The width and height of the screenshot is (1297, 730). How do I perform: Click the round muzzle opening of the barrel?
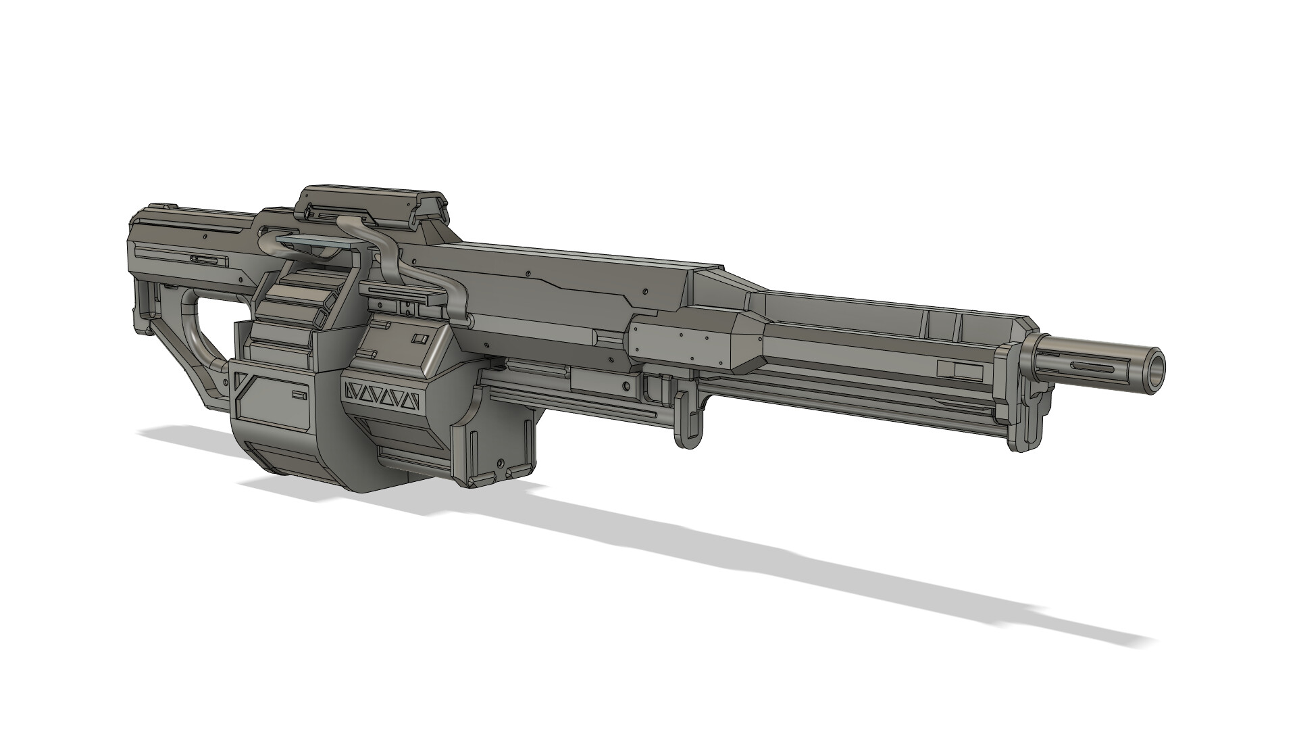1155,368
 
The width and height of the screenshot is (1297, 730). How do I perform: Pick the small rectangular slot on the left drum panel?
299,394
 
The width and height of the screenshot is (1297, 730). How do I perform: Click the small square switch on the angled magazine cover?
420,339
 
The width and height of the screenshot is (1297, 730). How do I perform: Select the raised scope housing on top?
372,203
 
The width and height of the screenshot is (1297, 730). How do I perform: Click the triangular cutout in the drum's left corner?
239,382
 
